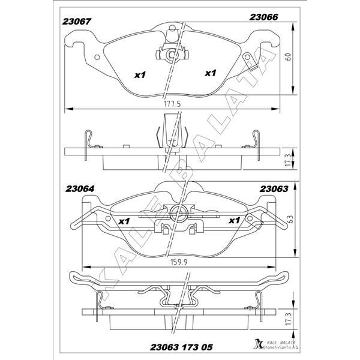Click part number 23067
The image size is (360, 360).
point(76,22)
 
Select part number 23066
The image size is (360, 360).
point(263,18)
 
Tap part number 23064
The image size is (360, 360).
point(76,190)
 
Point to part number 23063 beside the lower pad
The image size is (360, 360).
point(274,189)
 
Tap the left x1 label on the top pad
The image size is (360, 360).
point(140,75)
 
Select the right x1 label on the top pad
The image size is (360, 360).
point(210,73)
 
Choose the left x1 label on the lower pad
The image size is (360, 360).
point(124,221)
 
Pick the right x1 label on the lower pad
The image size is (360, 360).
point(235,221)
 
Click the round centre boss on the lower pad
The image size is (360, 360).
point(176,212)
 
